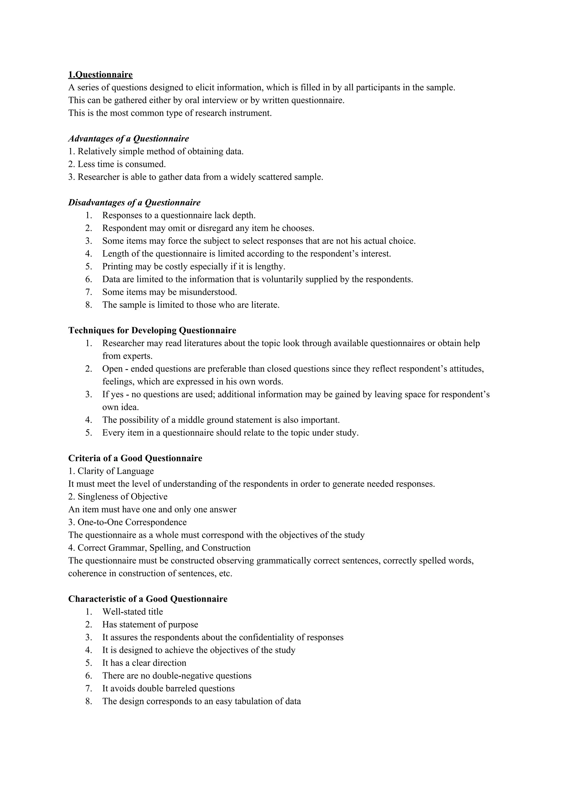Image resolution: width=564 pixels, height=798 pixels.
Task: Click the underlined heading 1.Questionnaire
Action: click(101, 75)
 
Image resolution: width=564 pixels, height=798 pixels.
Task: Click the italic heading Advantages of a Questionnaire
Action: click(129, 139)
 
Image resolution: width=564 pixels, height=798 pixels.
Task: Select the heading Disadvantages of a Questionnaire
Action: click(134, 203)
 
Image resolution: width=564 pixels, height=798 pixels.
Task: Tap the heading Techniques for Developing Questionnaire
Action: click(152, 330)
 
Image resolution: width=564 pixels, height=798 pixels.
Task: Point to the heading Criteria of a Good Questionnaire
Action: click(135, 458)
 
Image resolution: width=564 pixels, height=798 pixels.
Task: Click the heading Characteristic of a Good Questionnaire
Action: click(148, 599)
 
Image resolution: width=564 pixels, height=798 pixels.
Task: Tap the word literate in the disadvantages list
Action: click(265, 305)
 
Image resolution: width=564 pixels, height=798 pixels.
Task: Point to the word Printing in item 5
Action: click(118, 267)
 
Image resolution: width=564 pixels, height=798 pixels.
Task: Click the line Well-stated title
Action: click(132, 612)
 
